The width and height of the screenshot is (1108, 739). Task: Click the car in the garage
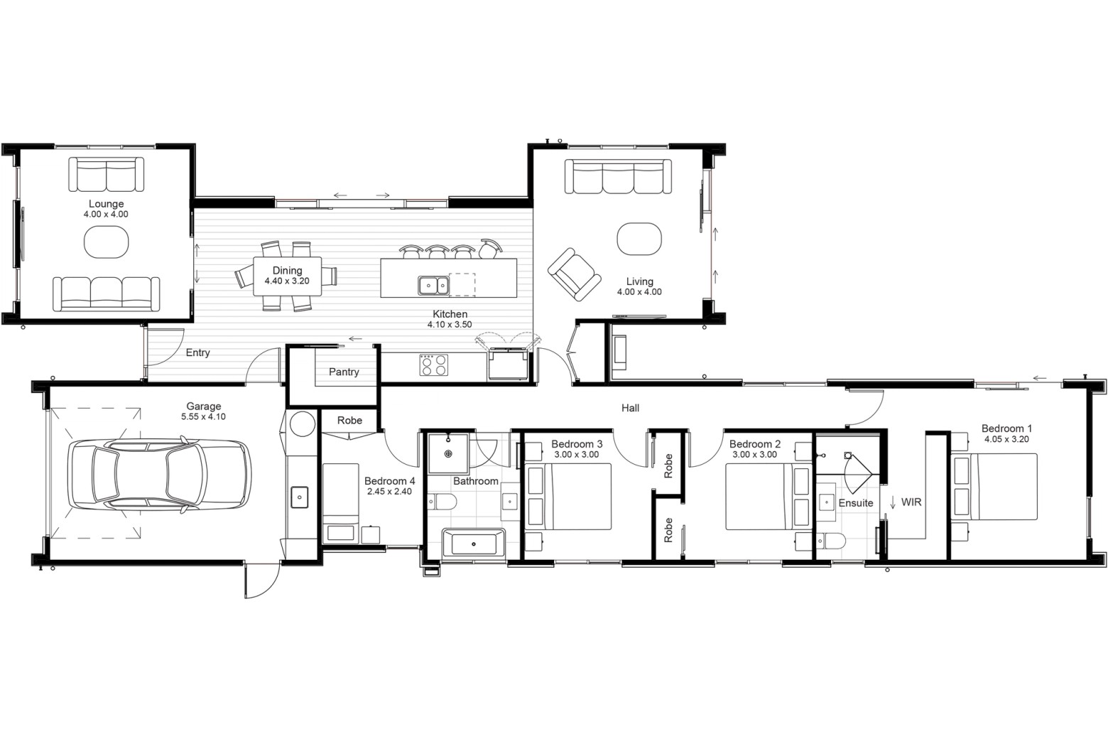[x=159, y=474]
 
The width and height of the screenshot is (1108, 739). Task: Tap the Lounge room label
[x=106, y=203]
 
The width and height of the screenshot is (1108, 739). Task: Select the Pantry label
[x=344, y=372]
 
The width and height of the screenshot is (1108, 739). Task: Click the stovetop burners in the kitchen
[x=434, y=365]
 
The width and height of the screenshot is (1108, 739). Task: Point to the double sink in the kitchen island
[x=434, y=286]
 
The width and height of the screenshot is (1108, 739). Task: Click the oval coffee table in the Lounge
[x=107, y=242]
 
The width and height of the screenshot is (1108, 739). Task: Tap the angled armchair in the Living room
[x=575, y=275]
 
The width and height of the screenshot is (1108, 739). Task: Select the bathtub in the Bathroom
[x=474, y=543]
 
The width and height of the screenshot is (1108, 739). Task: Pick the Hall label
[x=630, y=408]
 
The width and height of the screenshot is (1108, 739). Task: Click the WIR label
[x=911, y=502]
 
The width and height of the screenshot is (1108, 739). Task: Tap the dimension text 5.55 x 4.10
[x=203, y=417]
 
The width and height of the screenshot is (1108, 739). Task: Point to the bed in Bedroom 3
[x=568, y=497]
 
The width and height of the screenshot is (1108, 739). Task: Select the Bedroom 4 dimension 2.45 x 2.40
[x=389, y=492]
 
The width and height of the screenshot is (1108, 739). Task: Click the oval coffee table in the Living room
[x=639, y=239]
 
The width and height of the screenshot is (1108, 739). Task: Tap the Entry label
[x=198, y=352]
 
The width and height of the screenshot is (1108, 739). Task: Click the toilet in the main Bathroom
[x=442, y=502]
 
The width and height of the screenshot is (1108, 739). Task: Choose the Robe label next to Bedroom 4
[x=349, y=420]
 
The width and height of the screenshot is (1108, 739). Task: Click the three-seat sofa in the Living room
[x=619, y=176]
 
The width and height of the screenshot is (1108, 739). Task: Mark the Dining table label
[x=288, y=270]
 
